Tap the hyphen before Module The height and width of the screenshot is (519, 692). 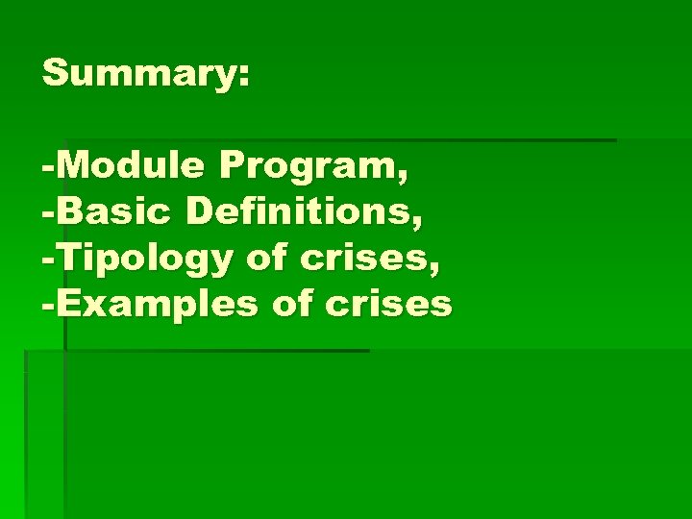click(48, 170)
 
